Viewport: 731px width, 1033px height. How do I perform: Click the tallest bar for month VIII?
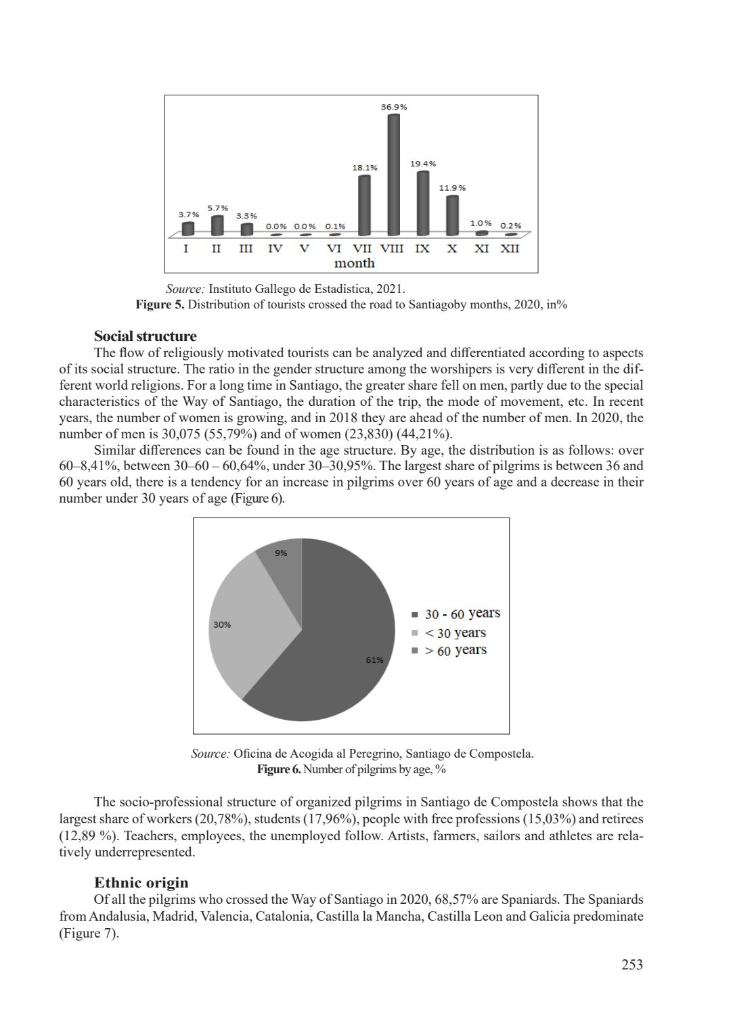[393, 175]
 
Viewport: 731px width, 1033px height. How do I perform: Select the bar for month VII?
[364, 205]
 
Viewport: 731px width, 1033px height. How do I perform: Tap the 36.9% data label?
[394, 107]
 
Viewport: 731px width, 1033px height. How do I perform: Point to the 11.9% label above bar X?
[452, 187]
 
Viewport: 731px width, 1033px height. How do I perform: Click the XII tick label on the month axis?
[510, 248]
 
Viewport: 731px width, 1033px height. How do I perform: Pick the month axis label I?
[186, 248]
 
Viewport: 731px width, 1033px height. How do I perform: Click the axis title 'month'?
[354, 263]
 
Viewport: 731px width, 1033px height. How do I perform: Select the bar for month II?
[217, 225]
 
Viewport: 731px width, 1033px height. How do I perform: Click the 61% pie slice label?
[375, 660]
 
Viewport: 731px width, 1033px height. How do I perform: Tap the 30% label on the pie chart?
[222, 624]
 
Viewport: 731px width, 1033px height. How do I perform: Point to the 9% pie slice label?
[281, 553]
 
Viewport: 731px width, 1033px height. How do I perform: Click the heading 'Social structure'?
[145, 336]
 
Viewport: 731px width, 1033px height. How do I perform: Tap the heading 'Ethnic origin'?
[141, 883]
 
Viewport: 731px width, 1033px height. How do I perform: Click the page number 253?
[632, 965]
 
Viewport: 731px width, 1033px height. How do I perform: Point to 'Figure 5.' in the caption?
[160, 304]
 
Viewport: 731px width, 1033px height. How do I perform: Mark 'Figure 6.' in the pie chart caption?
[279, 769]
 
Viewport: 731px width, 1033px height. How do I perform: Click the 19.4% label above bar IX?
[423, 164]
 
